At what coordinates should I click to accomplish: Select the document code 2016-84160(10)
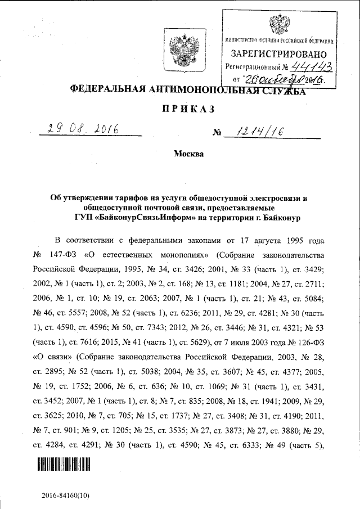click(65, 496)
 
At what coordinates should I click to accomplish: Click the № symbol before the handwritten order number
click(216, 134)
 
